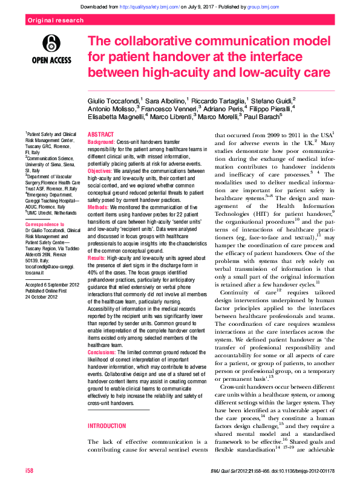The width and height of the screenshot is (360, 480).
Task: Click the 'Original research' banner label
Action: point(55,21)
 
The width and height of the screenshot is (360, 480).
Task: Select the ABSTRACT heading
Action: point(100,134)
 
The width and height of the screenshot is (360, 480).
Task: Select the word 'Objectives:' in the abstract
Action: point(101,170)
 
